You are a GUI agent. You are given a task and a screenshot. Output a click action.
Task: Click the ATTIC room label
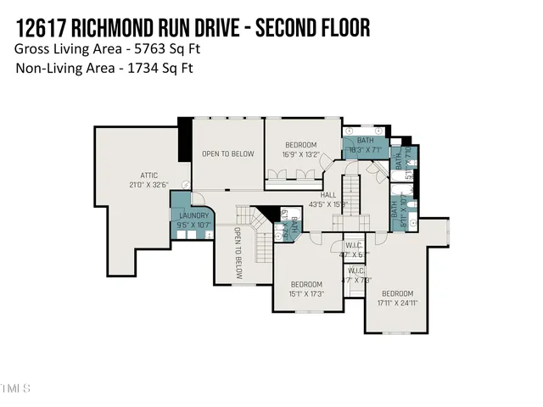(149, 176)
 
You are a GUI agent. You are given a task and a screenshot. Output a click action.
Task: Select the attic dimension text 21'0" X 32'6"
(149, 185)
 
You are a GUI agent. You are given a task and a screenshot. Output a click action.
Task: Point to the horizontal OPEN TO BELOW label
(227, 153)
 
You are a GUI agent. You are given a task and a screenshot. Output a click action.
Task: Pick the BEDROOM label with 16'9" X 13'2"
(300, 145)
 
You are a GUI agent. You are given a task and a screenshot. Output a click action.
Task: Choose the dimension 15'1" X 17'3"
(306, 293)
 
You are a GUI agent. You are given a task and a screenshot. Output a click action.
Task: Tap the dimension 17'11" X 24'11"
(398, 303)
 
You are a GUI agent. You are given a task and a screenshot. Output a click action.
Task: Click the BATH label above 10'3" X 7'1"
(365, 140)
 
